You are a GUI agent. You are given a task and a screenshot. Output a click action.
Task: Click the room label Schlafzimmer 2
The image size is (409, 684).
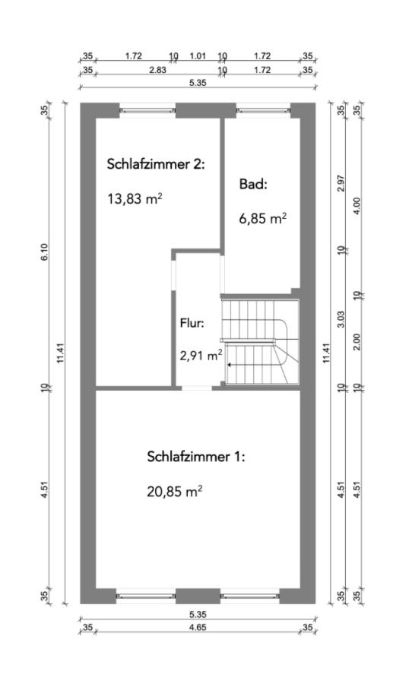point(156,163)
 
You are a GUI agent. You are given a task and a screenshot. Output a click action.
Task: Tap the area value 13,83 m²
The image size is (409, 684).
point(135,200)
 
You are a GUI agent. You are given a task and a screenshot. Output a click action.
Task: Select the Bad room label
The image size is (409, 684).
point(253,184)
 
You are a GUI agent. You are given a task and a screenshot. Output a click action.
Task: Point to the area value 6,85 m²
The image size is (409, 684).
point(262,219)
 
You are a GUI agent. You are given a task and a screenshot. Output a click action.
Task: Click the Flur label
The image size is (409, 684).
point(192,323)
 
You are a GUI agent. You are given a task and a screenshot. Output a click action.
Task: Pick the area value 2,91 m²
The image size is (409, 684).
point(201,354)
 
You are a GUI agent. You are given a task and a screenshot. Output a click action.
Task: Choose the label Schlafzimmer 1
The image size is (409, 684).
point(195,457)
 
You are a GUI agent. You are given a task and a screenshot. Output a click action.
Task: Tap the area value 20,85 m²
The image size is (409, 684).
point(174,491)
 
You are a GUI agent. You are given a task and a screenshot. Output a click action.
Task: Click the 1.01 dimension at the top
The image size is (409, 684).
point(198,55)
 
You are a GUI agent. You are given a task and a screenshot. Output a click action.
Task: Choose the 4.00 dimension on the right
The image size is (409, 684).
point(357,205)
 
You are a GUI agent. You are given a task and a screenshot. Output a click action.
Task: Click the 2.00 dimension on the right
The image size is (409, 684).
point(357,341)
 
